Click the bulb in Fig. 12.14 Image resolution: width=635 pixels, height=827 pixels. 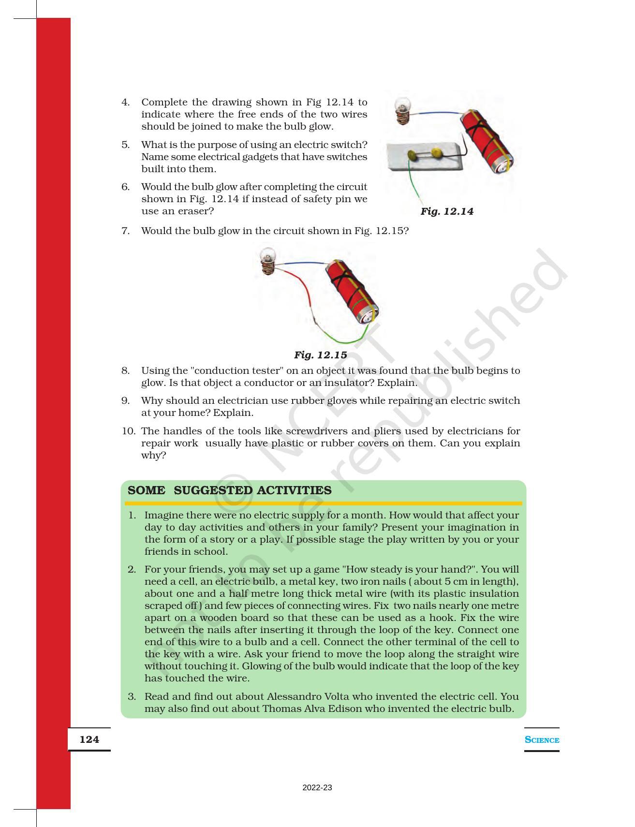(x=402, y=110)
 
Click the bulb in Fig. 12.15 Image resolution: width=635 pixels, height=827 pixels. (x=267, y=260)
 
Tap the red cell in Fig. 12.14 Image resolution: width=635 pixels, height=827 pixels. (x=486, y=141)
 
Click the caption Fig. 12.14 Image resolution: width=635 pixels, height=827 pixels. (x=446, y=211)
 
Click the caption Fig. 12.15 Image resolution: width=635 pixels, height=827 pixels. (x=320, y=355)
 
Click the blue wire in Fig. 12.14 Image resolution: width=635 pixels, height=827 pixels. (x=437, y=113)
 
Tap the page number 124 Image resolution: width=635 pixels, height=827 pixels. (x=89, y=739)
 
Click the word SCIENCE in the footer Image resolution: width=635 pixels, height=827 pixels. (x=542, y=740)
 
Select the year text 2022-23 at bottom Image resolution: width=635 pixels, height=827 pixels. (x=317, y=788)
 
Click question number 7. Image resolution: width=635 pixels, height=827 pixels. (x=126, y=231)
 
